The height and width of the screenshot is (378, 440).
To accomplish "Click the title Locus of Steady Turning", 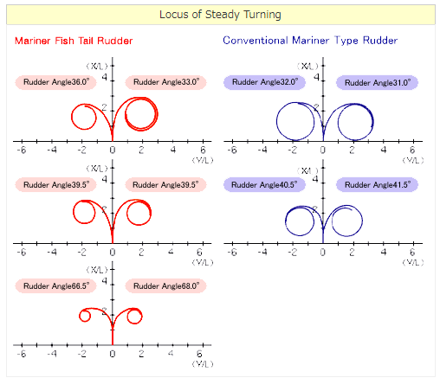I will pos(220,15).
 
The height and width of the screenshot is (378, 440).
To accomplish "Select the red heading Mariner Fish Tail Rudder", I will pos(74,41).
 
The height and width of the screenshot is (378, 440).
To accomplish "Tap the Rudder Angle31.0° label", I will pos(377,82).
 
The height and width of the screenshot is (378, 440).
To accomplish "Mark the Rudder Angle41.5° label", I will pos(377,184).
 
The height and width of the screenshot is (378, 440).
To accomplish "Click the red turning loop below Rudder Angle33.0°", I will pos(141,113).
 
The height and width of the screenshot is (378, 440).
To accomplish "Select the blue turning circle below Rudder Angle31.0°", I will pos(353,119).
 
